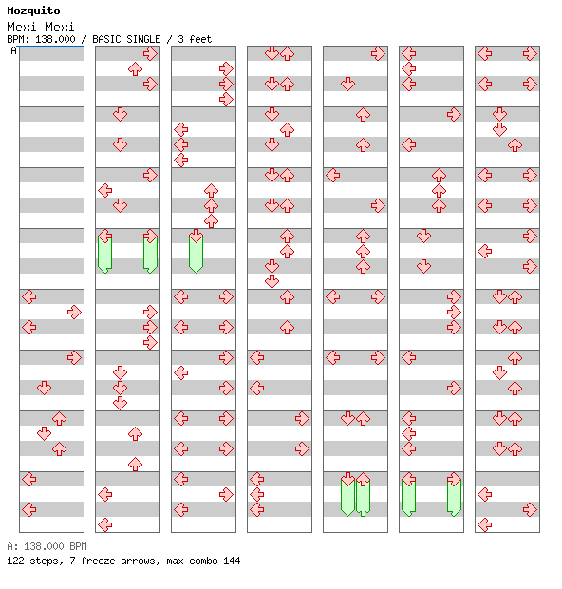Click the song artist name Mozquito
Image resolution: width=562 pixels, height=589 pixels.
tap(33, 10)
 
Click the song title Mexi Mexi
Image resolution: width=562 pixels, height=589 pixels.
tap(41, 27)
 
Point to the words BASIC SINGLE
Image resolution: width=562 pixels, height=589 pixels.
tap(126, 39)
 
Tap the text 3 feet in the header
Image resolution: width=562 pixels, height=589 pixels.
tap(195, 39)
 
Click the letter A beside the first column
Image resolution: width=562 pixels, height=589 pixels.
tap(14, 50)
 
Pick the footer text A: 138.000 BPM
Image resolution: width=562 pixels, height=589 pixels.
tap(47, 546)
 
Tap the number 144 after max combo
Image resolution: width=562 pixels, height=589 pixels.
tap(232, 560)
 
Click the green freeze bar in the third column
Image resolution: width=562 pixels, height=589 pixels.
tap(196, 254)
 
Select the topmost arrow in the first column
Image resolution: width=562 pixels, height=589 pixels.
tap(29, 296)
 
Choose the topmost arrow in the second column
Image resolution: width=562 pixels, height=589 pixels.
tap(150, 54)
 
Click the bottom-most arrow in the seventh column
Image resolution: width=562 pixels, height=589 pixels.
tap(485, 524)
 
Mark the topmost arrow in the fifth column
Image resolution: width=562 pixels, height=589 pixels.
tap(378, 54)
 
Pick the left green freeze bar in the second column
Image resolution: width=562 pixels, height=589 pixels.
tap(104, 254)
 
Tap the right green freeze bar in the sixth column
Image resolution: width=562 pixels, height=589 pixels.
tap(455, 498)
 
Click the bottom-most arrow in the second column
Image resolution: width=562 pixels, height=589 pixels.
tap(104, 524)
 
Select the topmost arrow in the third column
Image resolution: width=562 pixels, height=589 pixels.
tap(226, 69)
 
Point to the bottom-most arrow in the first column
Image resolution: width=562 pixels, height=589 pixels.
tap(29, 510)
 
